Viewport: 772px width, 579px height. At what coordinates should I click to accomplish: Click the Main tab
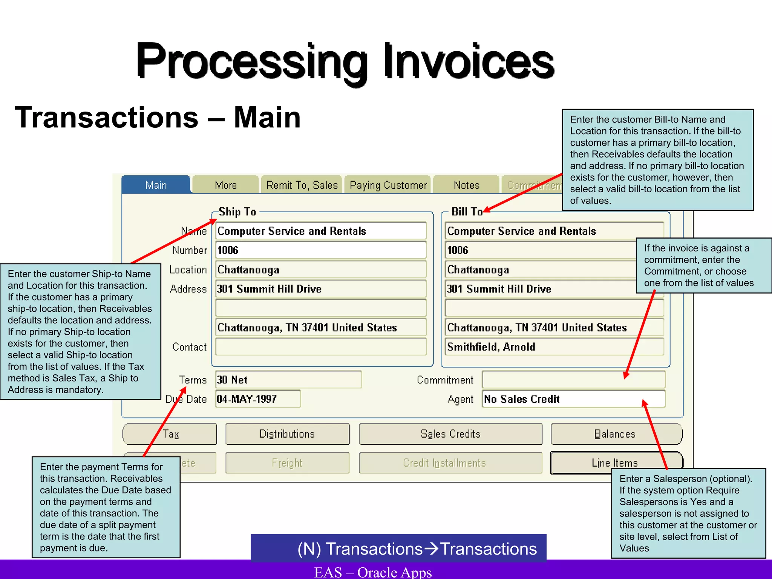156,185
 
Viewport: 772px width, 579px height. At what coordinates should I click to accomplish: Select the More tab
225,185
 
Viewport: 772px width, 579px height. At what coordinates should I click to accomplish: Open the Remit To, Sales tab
302,185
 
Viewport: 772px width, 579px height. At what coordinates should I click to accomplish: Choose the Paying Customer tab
388,185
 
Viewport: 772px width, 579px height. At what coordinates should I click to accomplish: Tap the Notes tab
466,185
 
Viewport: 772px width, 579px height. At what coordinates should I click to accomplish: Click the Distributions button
287,434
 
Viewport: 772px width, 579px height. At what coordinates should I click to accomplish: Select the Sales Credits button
450,434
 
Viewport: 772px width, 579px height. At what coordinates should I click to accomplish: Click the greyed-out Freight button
287,463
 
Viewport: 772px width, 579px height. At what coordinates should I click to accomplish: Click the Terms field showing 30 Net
288,380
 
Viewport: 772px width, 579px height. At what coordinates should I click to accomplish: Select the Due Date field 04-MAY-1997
258,399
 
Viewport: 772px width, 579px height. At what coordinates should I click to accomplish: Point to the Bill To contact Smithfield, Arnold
491,347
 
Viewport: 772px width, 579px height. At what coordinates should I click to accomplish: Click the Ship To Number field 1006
320,250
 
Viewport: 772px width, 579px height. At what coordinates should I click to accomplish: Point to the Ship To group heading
237,212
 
